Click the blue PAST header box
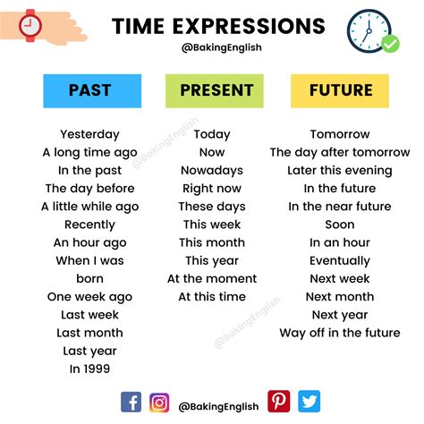coord(90,90)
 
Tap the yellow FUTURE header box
coord(340,90)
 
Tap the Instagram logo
coord(159,402)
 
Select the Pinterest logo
coord(278,402)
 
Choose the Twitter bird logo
coord(309,402)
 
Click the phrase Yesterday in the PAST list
coord(89,134)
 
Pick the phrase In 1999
coord(89,369)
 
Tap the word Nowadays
coord(211,170)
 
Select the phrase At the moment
coord(211,278)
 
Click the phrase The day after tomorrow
coord(340,152)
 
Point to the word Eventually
coord(340,260)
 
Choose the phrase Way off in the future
coord(340,333)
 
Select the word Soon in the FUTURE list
coord(340,225)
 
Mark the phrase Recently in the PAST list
coord(89,225)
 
